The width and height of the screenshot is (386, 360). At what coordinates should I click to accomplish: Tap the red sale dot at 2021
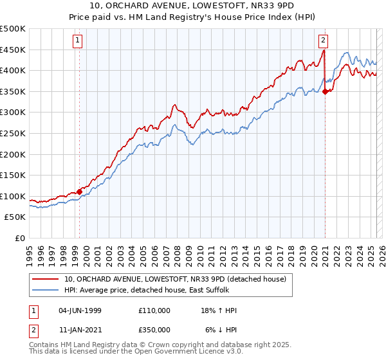pos(325,91)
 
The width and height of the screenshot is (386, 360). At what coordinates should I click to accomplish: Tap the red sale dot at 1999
pos(79,192)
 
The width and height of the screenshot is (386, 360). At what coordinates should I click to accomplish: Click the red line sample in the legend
pos(46,278)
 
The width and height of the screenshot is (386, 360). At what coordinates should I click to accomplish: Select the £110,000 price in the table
pos(154,310)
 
